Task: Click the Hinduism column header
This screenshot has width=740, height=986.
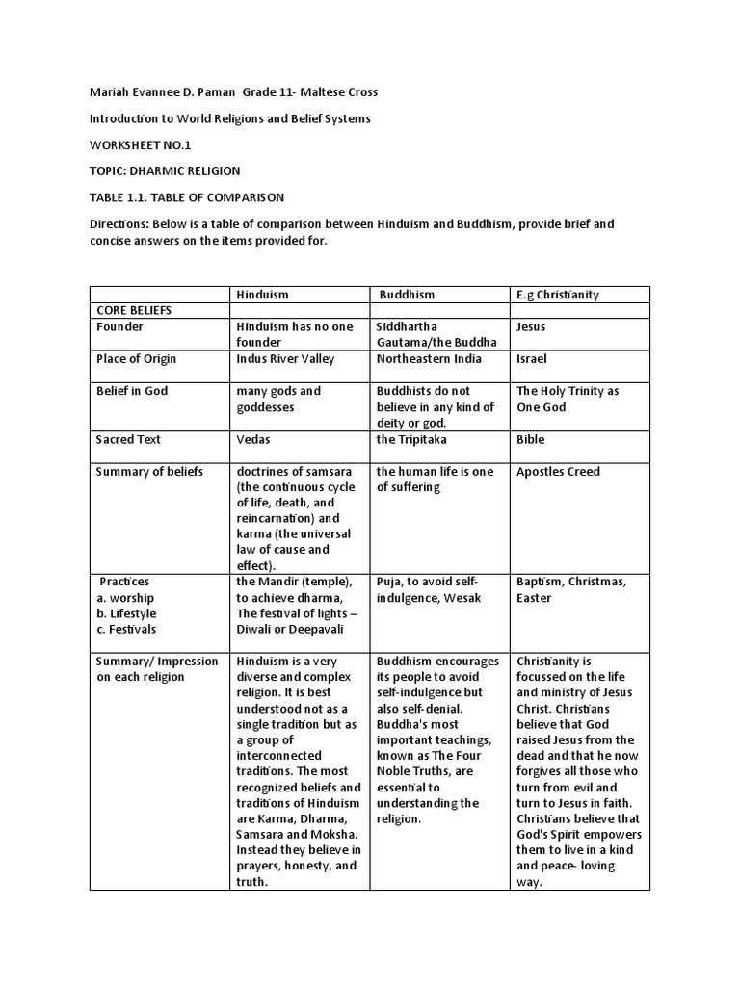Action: pyautogui.click(x=262, y=295)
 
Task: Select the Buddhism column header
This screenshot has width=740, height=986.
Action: pyautogui.click(x=407, y=295)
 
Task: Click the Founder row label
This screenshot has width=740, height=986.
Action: pyautogui.click(x=119, y=327)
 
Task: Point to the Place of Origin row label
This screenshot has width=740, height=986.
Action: pyautogui.click(x=136, y=359)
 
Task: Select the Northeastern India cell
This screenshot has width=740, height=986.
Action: pyautogui.click(x=428, y=359)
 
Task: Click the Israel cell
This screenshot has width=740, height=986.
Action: pyautogui.click(x=532, y=359)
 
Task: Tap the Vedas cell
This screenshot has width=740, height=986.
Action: pyautogui.click(x=253, y=440)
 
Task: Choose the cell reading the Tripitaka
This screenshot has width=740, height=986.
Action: pyautogui.click(x=411, y=440)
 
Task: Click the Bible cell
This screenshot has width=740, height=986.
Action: pyautogui.click(x=530, y=440)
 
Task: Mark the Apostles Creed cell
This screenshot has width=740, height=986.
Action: pyautogui.click(x=558, y=472)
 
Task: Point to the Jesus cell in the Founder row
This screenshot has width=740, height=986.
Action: pyautogui.click(x=531, y=327)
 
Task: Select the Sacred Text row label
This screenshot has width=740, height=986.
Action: pyautogui.click(x=128, y=440)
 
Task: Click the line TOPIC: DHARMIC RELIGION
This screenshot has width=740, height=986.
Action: pyautogui.click(x=165, y=170)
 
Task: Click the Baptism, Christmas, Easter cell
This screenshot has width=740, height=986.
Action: pyautogui.click(x=571, y=589)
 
